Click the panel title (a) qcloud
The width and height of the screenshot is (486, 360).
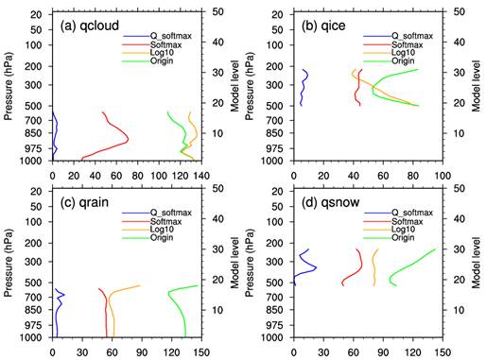click(x=90, y=26)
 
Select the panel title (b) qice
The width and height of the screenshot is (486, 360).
click(x=323, y=26)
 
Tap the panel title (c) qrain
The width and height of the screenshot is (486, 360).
click(x=84, y=202)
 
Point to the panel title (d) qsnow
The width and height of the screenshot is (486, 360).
click(x=330, y=202)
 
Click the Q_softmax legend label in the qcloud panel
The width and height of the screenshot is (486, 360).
click(x=171, y=36)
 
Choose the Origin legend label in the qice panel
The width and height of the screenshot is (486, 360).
click(x=403, y=60)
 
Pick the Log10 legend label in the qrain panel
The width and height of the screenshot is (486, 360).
click(x=162, y=230)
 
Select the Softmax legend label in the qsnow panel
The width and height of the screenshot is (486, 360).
click(x=408, y=221)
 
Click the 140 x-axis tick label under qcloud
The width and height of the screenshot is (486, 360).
click(x=201, y=176)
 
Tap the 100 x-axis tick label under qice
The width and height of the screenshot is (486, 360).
click(x=443, y=176)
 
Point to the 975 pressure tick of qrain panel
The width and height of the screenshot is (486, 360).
click(x=33, y=325)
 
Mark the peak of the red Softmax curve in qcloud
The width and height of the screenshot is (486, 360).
click(x=128, y=139)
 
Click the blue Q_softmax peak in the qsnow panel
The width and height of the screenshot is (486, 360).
click(x=316, y=267)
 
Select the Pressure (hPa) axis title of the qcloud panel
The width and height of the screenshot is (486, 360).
click(x=9, y=87)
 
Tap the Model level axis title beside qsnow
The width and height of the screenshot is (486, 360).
click(x=476, y=263)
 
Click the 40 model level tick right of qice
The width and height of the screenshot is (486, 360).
click(x=460, y=42)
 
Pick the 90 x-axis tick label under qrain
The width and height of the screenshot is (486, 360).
click(x=142, y=352)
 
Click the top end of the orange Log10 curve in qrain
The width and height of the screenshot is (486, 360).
click(x=140, y=285)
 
